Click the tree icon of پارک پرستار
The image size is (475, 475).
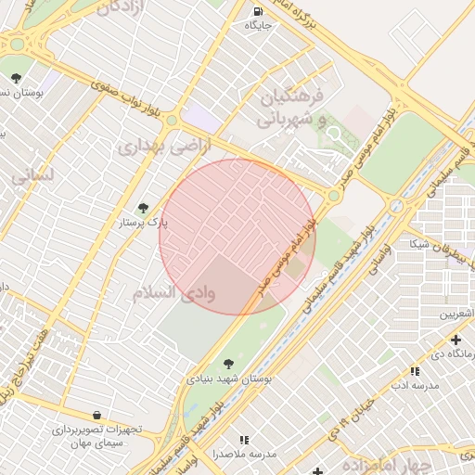point(142,208)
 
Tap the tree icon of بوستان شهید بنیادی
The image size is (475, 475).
point(228,363)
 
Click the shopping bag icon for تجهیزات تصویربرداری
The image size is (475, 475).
point(97,415)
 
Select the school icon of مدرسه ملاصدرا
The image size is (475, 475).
point(244,439)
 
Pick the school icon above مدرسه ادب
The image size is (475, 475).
point(415,371)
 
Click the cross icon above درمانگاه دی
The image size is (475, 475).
point(455,340)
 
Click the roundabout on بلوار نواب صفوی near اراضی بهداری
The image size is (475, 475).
point(172,120)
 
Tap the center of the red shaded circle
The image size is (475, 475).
point(237,237)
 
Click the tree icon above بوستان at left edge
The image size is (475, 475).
point(16,77)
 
